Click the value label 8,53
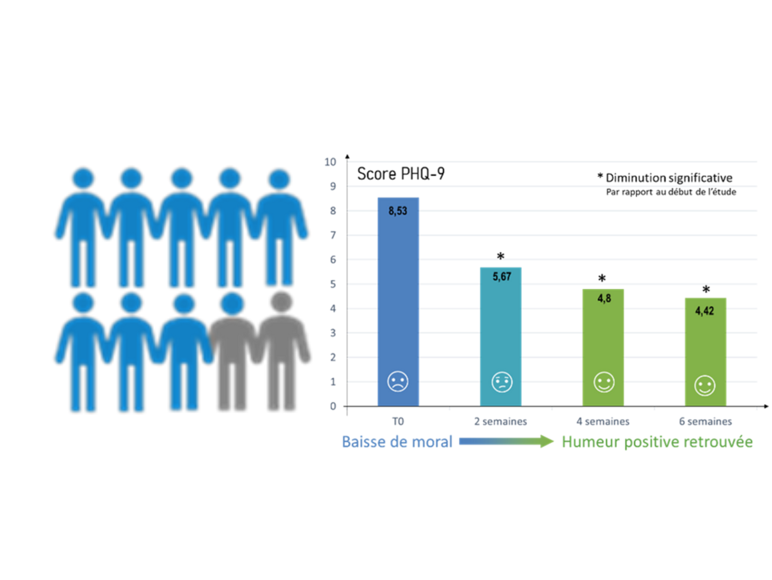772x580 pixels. click(x=398, y=211)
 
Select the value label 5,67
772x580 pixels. click(x=501, y=277)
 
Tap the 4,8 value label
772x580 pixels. click(x=604, y=299)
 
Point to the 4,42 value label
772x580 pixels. click(x=704, y=311)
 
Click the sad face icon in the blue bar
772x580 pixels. click(x=398, y=381)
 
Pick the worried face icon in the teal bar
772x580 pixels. click(x=501, y=382)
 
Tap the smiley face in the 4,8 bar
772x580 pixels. click(x=604, y=382)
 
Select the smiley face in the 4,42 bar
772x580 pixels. click(x=704, y=386)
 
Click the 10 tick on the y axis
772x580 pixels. click(x=330, y=162)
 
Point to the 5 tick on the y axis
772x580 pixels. click(x=333, y=284)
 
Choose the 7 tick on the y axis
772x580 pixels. click(x=333, y=236)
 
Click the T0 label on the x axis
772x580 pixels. click(x=398, y=422)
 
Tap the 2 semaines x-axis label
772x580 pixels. click(x=500, y=422)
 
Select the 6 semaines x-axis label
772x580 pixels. click(x=705, y=422)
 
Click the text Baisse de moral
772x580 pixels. click(x=397, y=442)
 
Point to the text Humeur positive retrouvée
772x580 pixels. click(x=657, y=442)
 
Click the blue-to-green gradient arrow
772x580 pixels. click(x=506, y=441)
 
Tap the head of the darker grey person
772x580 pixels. click(x=232, y=303)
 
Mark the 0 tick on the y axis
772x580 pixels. click(x=333, y=406)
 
